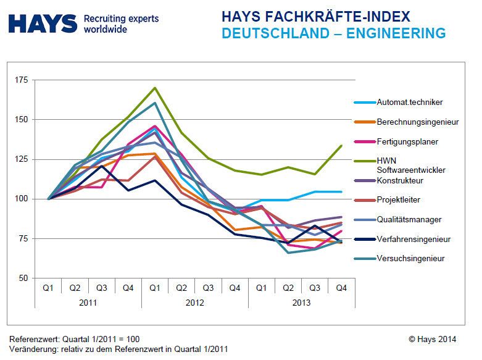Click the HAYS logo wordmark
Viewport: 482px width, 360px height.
tap(42, 24)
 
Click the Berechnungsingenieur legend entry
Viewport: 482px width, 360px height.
tap(417, 122)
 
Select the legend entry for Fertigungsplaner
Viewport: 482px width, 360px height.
tap(407, 141)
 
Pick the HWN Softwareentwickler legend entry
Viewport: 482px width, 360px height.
tap(410, 165)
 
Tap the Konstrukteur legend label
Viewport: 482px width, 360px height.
tap(401, 181)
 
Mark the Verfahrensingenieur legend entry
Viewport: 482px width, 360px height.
tap(413, 239)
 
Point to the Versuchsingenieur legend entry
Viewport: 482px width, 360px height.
tap(410, 259)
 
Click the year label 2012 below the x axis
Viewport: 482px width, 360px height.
tap(195, 303)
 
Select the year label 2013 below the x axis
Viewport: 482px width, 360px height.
tap(302, 303)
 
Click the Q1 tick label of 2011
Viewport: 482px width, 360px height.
tap(48, 288)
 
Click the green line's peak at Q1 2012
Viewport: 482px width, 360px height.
tap(155, 88)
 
